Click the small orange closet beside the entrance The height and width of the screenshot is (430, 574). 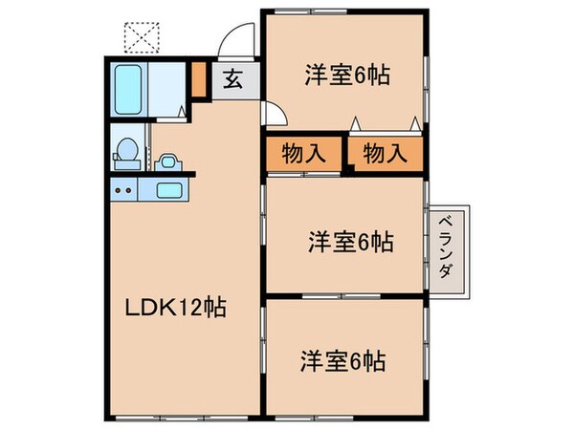(199, 80)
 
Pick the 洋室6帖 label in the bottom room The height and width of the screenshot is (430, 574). (347, 362)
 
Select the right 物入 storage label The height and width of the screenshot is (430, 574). (384, 153)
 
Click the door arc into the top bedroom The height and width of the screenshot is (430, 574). (274, 113)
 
